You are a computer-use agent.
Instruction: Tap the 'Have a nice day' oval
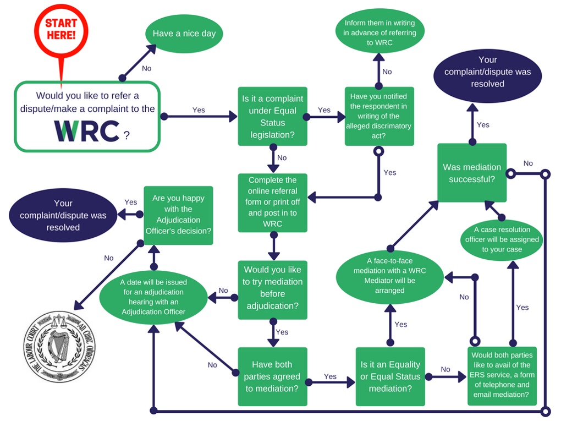184,34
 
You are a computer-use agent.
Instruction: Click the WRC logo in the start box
87,130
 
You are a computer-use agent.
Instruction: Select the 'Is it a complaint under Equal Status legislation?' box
272,116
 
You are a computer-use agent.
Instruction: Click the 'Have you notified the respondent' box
380,116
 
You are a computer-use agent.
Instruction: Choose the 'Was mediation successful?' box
472,173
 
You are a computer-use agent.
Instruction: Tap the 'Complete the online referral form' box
272,202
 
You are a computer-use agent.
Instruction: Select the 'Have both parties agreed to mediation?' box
272,376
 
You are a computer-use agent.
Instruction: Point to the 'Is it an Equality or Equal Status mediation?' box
390,376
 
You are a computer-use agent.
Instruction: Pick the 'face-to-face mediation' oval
389,280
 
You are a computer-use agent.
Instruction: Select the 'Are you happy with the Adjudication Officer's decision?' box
178,215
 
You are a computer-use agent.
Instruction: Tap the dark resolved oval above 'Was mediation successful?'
487,72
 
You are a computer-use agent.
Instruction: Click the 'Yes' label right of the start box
199,110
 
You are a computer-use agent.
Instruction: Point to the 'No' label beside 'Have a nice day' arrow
147,69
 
